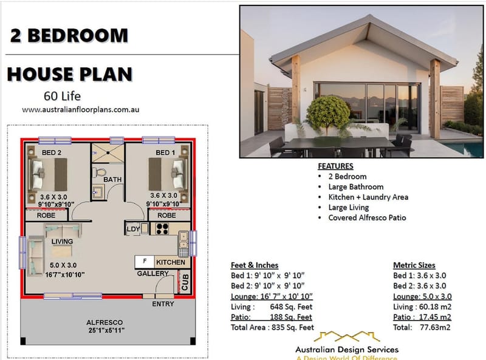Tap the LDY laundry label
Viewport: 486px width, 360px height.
coord(134,229)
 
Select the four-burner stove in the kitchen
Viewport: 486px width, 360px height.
coord(163,229)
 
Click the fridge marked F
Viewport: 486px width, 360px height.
coord(144,262)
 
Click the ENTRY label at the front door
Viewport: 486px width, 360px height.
coord(163,304)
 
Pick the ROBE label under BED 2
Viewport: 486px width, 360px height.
coord(46,216)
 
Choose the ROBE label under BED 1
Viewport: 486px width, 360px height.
coord(166,216)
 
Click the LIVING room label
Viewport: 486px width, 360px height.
coord(63,242)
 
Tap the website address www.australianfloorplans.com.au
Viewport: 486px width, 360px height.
coord(81,110)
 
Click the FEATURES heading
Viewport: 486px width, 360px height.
coord(335,166)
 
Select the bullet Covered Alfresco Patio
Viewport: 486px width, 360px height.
coord(367,217)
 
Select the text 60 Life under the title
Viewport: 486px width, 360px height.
coord(62,96)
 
